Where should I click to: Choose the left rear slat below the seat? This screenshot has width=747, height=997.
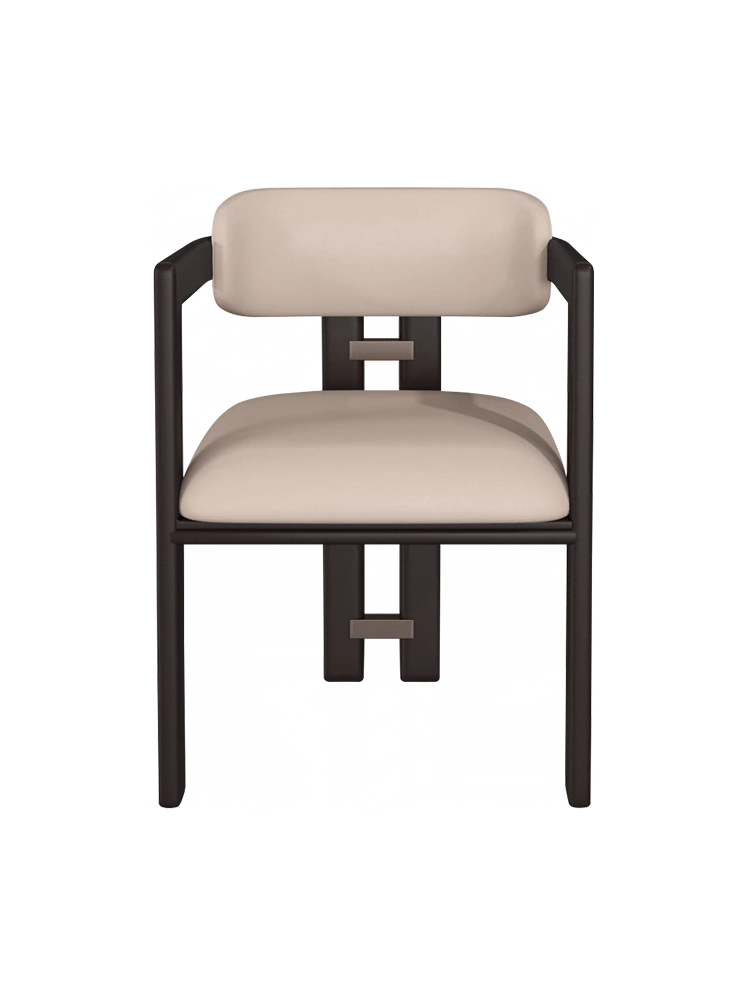(336, 608)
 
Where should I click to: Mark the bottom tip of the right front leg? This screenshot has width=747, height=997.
(580, 804)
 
